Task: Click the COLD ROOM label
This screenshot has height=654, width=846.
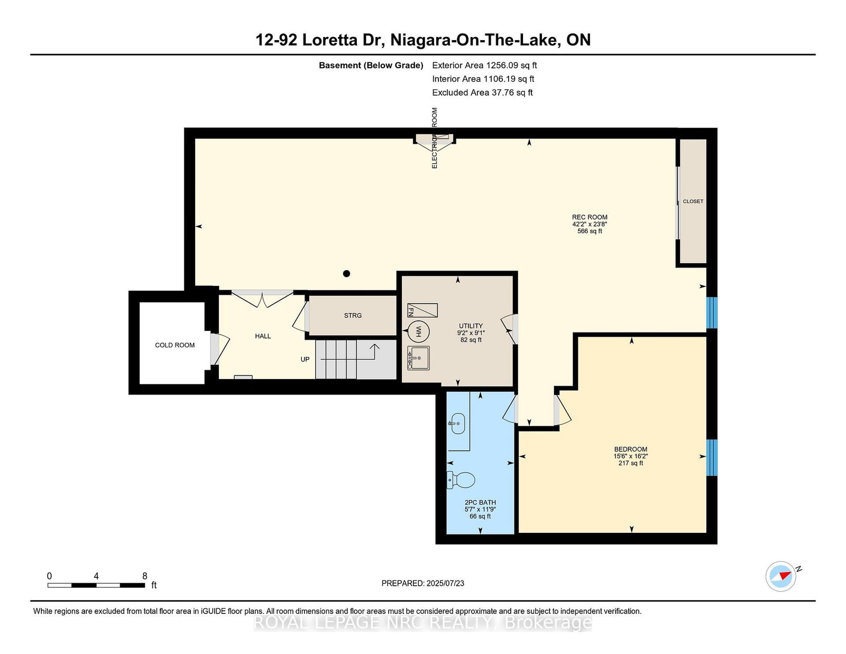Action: pyautogui.click(x=174, y=345)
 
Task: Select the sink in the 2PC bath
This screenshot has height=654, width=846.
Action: pyautogui.click(x=457, y=423)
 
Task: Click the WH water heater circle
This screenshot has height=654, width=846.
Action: pyautogui.click(x=418, y=331)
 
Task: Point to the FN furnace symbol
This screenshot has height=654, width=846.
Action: pyautogui.click(x=422, y=310)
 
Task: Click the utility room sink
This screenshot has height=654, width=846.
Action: pyautogui.click(x=418, y=358)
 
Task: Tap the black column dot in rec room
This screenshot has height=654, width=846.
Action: pyautogui.click(x=346, y=273)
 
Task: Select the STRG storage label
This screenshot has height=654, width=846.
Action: pyautogui.click(x=353, y=316)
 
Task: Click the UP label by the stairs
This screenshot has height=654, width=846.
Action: pyautogui.click(x=305, y=360)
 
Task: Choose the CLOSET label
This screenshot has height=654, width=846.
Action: pyautogui.click(x=693, y=201)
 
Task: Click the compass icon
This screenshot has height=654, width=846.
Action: pyautogui.click(x=781, y=576)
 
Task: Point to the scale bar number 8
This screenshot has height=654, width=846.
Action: pyautogui.click(x=145, y=576)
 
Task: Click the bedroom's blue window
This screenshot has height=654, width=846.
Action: pyautogui.click(x=712, y=457)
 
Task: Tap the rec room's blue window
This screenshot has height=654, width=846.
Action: pyautogui.click(x=712, y=312)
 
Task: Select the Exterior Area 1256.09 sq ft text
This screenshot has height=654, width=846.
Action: pyautogui.click(x=484, y=66)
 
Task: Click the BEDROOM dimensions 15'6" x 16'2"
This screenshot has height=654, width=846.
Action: pyautogui.click(x=630, y=456)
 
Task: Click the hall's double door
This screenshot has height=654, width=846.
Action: pyautogui.click(x=262, y=299)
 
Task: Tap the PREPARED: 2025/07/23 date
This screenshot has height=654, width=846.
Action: pyautogui.click(x=422, y=583)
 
